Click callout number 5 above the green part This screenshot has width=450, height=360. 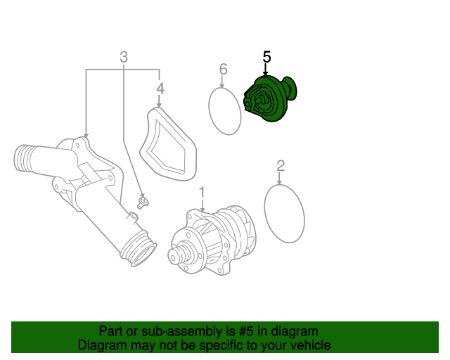pos(266,56)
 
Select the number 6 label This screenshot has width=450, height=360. pos(224,69)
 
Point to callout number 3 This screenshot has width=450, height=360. pos(124,57)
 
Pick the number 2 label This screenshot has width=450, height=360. pos(281,166)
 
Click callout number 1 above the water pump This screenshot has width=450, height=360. pos(202,191)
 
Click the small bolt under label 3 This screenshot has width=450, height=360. pos(143,203)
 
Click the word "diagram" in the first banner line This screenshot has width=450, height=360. pos(294,331)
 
